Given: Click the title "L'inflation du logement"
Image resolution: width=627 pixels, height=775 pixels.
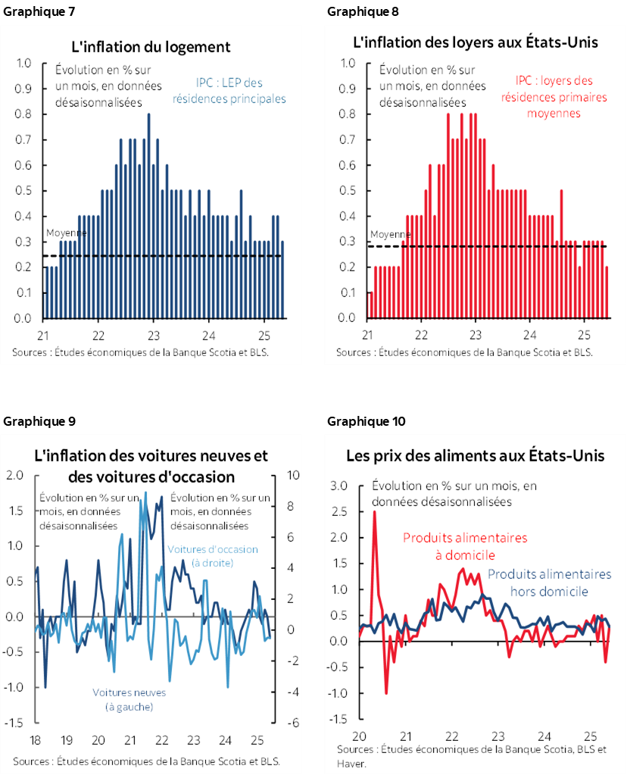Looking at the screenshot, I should tap(151, 47).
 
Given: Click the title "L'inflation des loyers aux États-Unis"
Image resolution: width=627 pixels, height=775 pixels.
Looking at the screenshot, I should tap(476, 42).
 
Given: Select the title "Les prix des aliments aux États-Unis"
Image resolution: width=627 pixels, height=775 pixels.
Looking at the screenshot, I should tap(475, 456).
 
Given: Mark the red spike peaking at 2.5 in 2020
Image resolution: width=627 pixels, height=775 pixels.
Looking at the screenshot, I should tap(374, 515).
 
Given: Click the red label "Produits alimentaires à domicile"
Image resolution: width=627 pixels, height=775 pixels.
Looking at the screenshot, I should tap(464, 545).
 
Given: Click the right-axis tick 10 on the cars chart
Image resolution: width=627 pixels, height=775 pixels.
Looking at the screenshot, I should tap(292, 475).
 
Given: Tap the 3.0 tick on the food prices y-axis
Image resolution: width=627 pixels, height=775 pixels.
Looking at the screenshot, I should tap(338, 486).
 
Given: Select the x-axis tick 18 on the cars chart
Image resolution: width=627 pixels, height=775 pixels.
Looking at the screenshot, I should tap(35, 740).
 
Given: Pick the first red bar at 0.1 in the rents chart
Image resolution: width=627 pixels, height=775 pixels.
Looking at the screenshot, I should tap(370, 305).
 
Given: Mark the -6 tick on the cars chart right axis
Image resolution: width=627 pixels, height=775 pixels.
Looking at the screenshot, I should tap(291, 723).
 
